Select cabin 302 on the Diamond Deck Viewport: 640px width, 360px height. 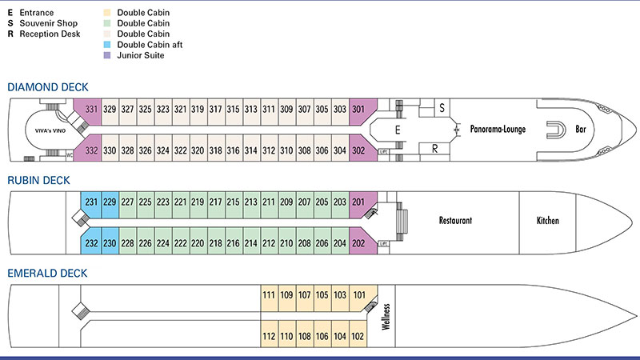358,150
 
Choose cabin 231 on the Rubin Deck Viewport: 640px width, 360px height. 91,202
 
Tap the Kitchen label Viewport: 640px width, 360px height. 548,221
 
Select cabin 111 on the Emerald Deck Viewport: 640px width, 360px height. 269,295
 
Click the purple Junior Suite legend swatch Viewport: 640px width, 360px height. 107,55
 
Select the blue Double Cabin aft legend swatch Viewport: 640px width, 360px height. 107,45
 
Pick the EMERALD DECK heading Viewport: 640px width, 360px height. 47,273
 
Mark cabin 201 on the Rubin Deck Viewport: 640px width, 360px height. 358,202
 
